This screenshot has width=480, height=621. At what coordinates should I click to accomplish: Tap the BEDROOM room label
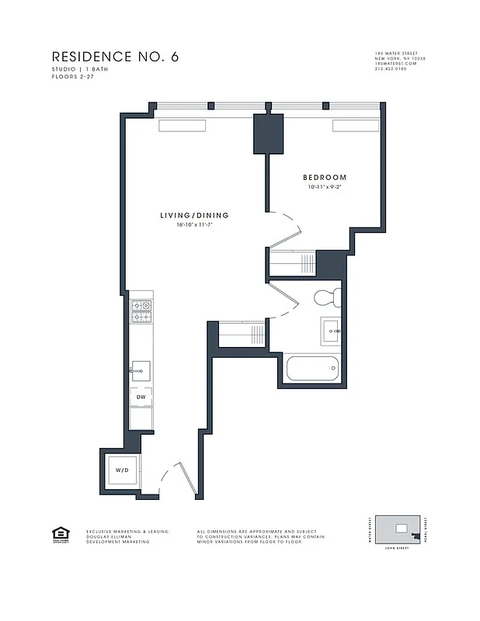coord(325,178)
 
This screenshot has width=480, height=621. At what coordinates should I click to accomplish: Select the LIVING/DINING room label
coord(194,215)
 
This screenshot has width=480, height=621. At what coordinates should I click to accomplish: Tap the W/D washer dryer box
coord(123,470)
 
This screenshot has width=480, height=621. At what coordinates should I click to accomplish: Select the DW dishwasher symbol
coord(141,397)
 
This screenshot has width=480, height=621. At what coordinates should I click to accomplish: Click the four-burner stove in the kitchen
coord(141,311)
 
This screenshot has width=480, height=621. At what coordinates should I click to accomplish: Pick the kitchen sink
coord(141,367)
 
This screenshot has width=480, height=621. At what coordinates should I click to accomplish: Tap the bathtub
coord(311,366)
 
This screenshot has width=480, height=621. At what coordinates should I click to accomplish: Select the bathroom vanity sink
coord(331,331)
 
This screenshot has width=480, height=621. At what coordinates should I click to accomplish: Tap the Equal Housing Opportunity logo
coord(58,533)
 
